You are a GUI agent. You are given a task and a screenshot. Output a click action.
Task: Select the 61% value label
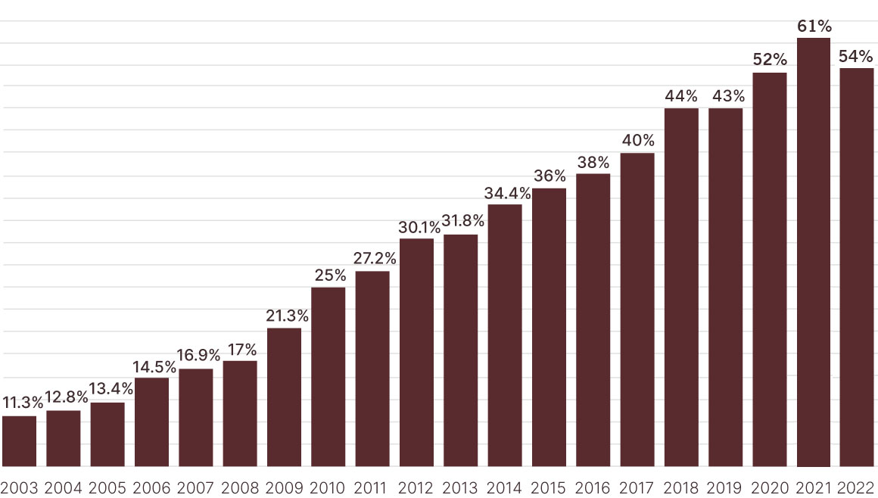pyautogui.click(x=814, y=26)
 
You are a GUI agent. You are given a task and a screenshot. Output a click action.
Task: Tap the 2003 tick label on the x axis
pyautogui.click(x=19, y=487)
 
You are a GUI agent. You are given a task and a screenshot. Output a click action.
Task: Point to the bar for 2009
pyautogui.click(x=284, y=397)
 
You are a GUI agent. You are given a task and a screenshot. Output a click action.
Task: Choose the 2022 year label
pyautogui.click(x=858, y=487)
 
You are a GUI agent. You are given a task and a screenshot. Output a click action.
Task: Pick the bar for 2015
pyautogui.click(x=549, y=327)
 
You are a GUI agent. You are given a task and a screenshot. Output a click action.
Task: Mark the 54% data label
pyautogui.click(x=858, y=57)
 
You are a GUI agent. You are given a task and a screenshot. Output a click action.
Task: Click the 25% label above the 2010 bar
pyautogui.click(x=329, y=275)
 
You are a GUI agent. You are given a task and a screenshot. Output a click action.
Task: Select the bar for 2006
pyautogui.click(x=151, y=422)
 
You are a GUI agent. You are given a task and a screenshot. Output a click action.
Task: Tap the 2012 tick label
pyautogui.click(x=416, y=487)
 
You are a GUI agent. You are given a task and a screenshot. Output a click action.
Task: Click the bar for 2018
pyautogui.click(x=681, y=288)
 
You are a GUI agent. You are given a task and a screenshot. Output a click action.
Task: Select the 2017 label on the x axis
pyautogui.click(x=637, y=487)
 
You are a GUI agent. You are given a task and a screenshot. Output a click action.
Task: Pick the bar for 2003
pyautogui.click(x=19, y=441)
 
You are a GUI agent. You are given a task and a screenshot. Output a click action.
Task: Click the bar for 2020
pyautogui.click(x=770, y=269)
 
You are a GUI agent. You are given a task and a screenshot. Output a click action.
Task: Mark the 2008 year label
pyautogui.click(x=240, y=487)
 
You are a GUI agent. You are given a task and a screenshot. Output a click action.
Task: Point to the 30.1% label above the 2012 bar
pyautogui.click(x=417, y=226)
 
